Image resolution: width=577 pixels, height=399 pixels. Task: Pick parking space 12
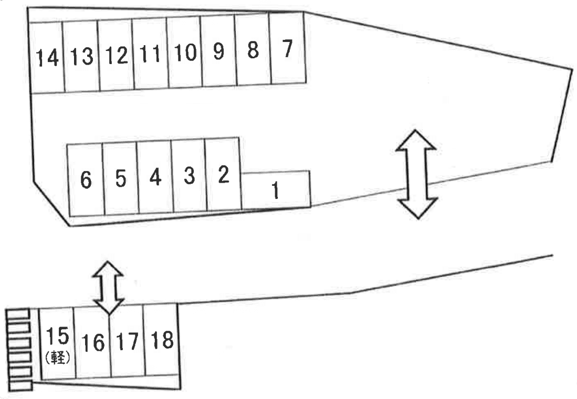coord(116,55)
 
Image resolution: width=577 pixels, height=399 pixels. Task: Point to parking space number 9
coord(218,51)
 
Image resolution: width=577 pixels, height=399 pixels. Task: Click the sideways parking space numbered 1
coord(276,190)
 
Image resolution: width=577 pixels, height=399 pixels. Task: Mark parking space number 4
coord(154,177)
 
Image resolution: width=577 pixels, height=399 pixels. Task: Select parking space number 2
coord(223,174)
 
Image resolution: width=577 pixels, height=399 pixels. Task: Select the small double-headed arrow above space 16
coord(108,287)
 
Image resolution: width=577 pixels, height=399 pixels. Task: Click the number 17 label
coord(126,342)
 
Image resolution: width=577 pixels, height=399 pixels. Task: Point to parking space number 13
coord(81,56)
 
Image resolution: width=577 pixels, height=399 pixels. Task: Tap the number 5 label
coord(120,179)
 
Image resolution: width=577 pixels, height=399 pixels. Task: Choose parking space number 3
coord(188,176)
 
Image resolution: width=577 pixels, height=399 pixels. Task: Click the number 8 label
coord(253,50)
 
